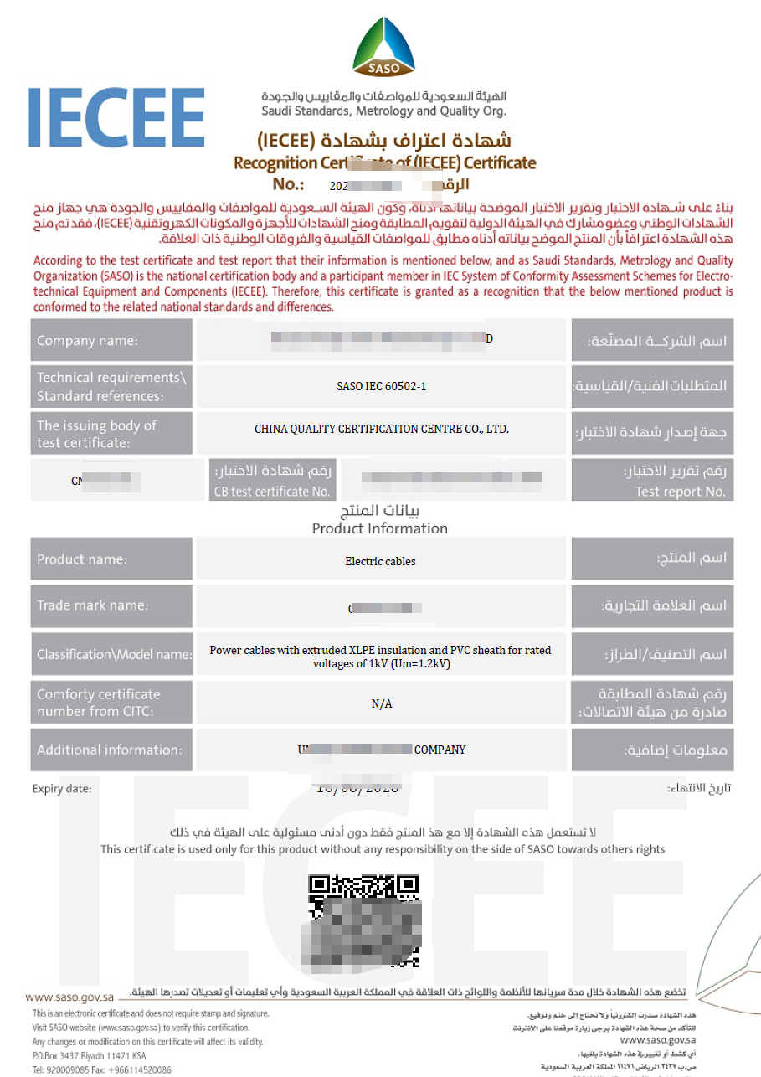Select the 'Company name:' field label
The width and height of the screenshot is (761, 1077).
tap(88, 341)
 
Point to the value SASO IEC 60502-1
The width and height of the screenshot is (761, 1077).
tap(381, 386)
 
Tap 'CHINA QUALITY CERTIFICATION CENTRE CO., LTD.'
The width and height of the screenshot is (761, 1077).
tap(381, 429)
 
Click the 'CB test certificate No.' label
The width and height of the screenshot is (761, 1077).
tap(273, 492)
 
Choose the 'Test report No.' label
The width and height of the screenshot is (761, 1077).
tap(680, 492)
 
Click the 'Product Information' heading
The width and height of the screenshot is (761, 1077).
tap(380, 528)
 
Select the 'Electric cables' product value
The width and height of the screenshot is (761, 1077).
tap(380, 561)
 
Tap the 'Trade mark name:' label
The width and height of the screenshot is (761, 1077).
tap(93, 605)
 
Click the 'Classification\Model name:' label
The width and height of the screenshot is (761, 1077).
tap(114, 654)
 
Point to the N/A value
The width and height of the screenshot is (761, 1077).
tap(381, 704)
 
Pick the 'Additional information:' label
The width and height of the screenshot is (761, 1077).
tap(110, 750)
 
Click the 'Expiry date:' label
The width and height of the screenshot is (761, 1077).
tap(63, 789)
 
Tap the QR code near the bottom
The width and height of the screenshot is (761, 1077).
tap(363, 920)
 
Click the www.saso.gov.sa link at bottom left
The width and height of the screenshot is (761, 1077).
tap(69, 997)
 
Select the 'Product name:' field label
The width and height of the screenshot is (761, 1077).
tap(83, 559)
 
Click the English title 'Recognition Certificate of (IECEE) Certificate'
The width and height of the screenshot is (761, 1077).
tap(384, 162)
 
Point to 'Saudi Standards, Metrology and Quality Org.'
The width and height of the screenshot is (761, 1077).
tap(383, 111)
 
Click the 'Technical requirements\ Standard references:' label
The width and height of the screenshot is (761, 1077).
tap(111, 386)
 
